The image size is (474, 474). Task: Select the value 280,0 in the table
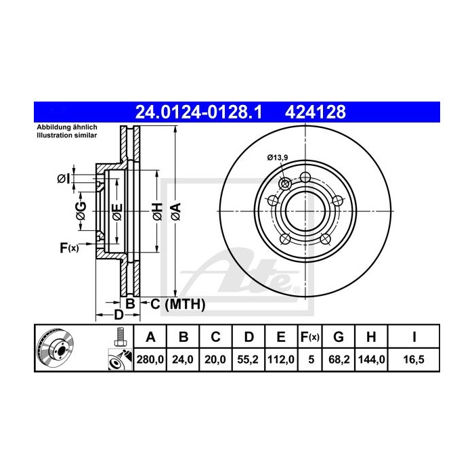151,360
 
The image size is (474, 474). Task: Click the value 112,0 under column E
279,360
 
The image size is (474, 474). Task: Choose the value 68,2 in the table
339,360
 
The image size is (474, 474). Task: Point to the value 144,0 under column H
372,360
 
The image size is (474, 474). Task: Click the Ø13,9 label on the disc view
278,158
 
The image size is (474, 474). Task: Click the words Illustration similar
66,136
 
